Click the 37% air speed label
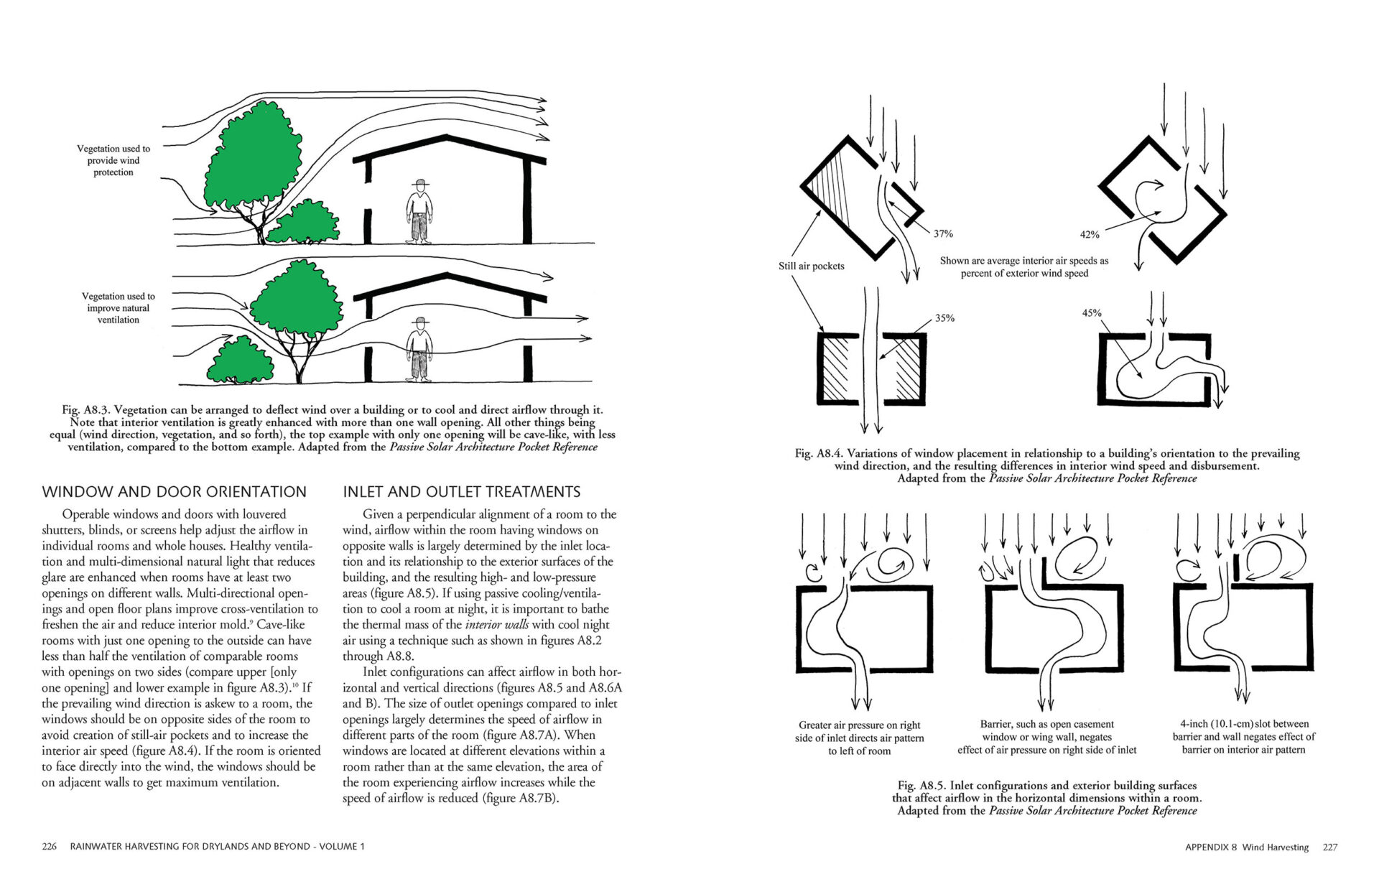pyautogui.click(x=943, y=233)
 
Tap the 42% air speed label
pyautogui.click(x=1089, y=234)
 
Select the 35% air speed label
pyautogui.click(x=944, y=318)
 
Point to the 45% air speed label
pyautogui.click(x=1091, y=312)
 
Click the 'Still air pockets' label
pyautogui.click(x=811, y=266)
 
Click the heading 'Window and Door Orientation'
pyautogui.click(x=174, y=492)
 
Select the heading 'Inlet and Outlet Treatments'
pyautogui.click(x=461, y=492)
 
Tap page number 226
pyautogui.click(x=49, y=847)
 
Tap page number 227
pyautogui.click(x=1330, y=847)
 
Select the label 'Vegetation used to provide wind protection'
pyautogui.click(x=113, y=160)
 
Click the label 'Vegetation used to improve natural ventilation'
pyautogui.click(x=118, y=308)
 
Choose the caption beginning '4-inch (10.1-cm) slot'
pyautogui.click(x=1243, y=737)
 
